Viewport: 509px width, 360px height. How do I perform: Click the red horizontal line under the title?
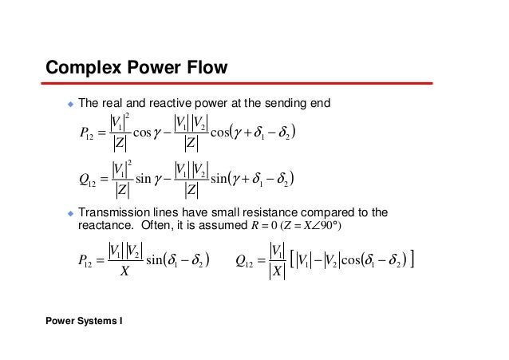click(x=239, y=82)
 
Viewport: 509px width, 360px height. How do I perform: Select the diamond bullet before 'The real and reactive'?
click(x=69, y=104)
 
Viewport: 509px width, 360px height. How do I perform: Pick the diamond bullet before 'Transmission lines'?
click(x=69, y=212)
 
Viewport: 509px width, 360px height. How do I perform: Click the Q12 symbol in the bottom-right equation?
click(x=247, y=259)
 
